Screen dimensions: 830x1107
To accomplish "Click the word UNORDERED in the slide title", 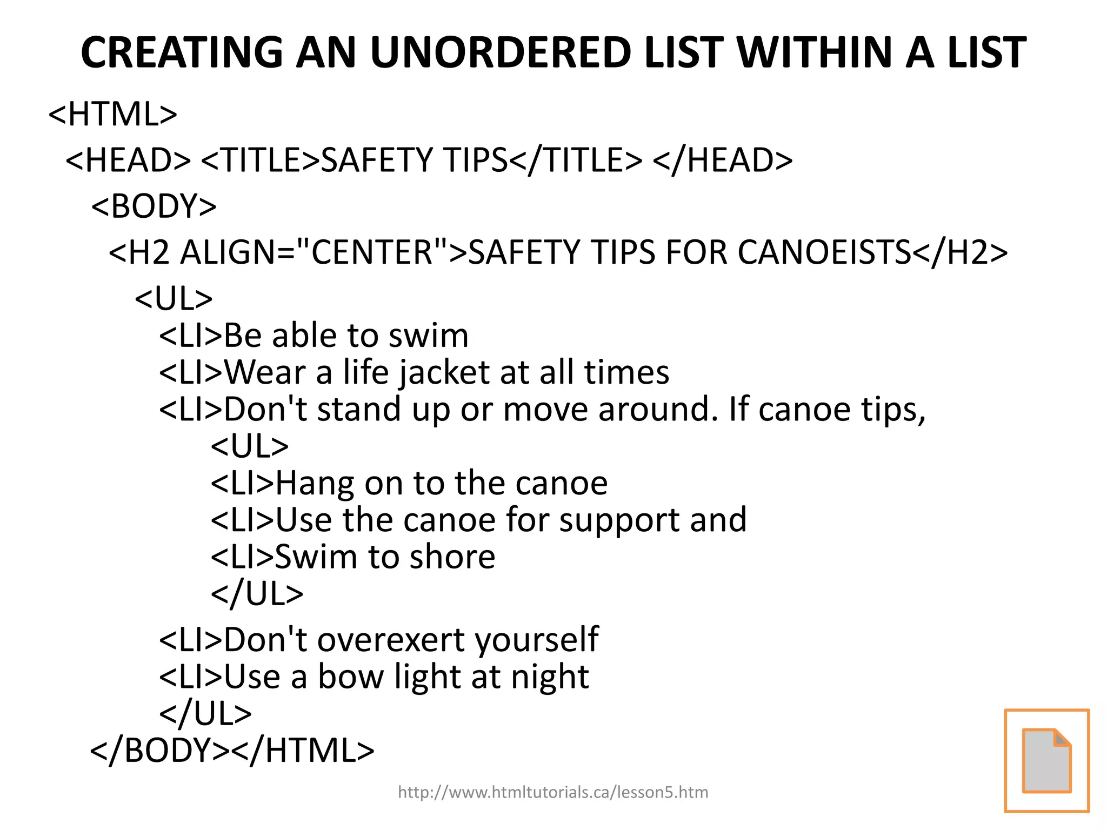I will coord(501,52).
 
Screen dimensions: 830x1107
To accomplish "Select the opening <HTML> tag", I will coord(113,114).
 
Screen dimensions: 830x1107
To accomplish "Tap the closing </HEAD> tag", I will coord(723,160).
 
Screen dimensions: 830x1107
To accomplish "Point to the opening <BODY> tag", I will coord(154,206).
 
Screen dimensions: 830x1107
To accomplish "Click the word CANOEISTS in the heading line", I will coord(824,252).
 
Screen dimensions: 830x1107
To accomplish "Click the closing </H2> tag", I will coord(960,252).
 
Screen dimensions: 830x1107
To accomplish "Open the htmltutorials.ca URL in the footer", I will coord(552,792).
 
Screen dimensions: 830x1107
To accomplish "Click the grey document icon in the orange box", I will coord(1046,760).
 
